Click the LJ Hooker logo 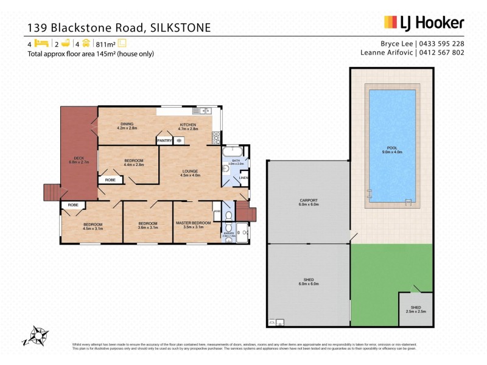click(424, 23)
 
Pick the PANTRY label click(164, 141)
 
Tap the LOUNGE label click(190, 172)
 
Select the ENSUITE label click(229, 232)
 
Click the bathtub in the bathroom click(233, 152)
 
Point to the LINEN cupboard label click(243, 178)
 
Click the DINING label click(127, 124)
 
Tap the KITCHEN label click(188, 124)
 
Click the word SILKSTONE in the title click(182, 27)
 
